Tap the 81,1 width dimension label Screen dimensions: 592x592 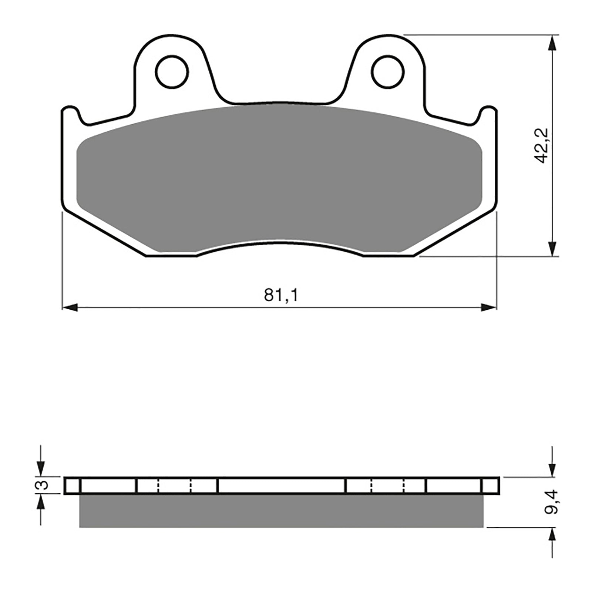281,296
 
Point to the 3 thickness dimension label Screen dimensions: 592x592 44,485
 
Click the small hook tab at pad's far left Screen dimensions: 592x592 70,111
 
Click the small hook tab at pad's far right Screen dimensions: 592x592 488,111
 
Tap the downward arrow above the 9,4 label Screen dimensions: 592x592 552,469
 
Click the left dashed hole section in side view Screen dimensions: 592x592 175,485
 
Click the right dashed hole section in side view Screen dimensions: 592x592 387,485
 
